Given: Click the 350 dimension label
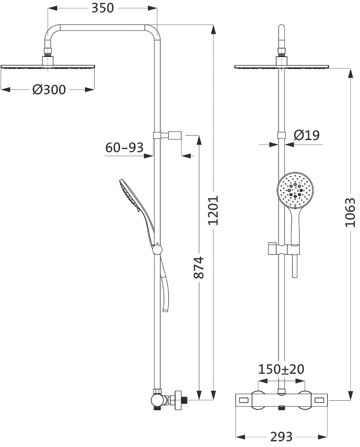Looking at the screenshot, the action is coord(103,8).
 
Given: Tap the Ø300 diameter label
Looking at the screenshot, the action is coord(49,90).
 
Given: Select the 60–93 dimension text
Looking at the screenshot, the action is coord(124,148).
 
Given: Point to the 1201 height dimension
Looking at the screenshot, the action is coord(213,210).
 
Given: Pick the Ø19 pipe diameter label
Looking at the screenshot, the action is coord(307,135).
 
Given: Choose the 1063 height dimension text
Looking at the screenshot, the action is coord(350,212).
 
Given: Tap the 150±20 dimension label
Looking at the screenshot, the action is coord(281,369).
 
